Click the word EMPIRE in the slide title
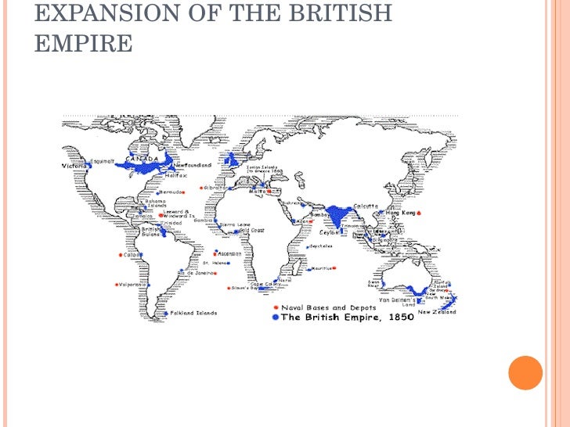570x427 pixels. tap(84, 44)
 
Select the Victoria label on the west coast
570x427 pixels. tap(74, 167)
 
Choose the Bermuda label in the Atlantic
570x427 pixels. tap(172, 192)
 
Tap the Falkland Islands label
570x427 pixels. tap(189, 313)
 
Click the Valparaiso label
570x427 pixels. tap(133, 285)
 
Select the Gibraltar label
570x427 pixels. tap(217, 188)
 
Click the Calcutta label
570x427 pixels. tap(366, 206)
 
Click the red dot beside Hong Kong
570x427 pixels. tap(420, 213)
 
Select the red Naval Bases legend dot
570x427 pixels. tap(276, 308)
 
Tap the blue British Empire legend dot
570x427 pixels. tap(275, 318)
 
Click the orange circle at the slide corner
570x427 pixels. tap(525, 372)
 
